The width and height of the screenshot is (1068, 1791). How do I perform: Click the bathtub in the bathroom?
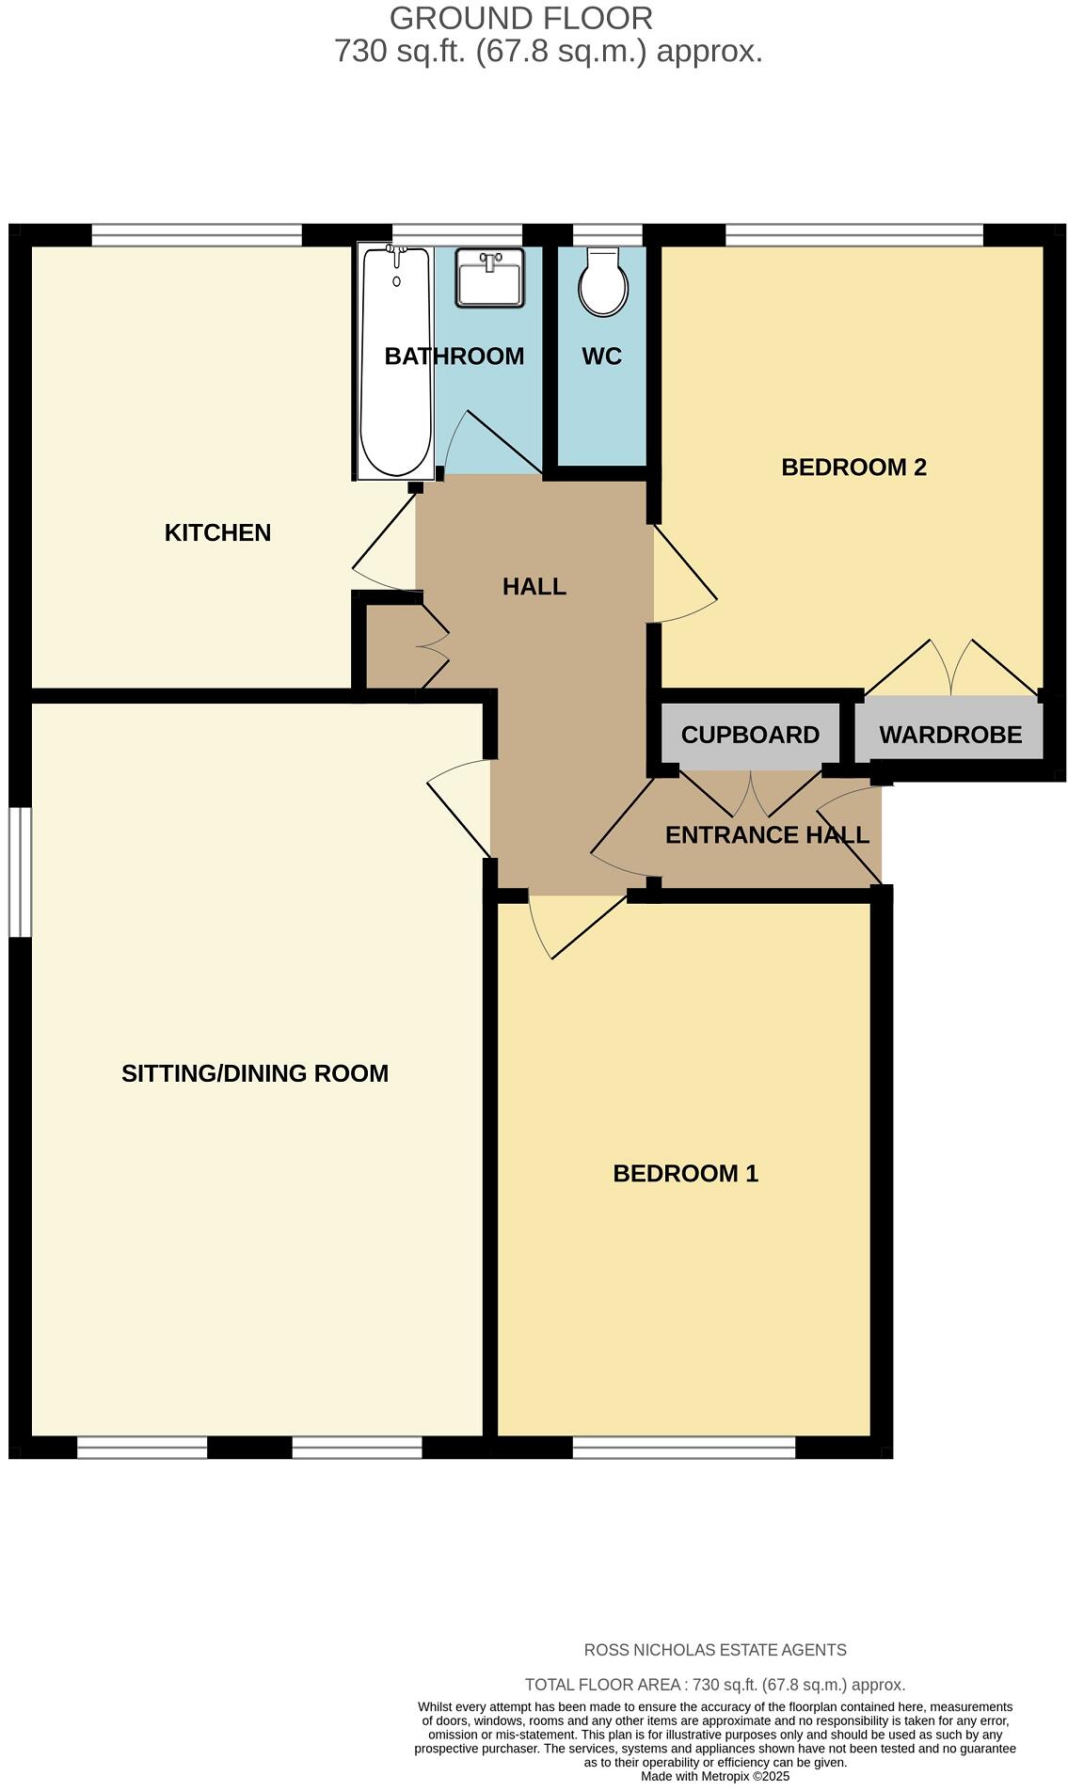point(395,362)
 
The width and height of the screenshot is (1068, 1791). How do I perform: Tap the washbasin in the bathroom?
point(489,277)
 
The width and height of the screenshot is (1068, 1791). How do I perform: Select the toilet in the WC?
point(603,281)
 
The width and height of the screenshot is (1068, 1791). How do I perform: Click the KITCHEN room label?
point(217,532)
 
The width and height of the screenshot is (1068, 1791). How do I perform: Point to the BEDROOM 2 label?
point(853,467)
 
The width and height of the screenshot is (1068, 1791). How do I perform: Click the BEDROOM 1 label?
point(685,1173)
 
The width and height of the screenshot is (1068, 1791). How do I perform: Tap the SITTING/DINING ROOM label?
point(254,1073)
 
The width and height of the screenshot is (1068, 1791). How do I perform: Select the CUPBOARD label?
point(750,735)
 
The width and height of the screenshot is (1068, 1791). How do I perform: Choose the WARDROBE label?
point(950,735)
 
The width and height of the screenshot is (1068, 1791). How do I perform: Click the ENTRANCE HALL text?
point(767,835)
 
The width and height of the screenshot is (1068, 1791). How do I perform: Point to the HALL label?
point(534,587)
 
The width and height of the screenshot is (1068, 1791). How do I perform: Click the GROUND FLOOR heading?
point(520,18)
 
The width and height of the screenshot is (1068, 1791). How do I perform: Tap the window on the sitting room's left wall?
point(20,872)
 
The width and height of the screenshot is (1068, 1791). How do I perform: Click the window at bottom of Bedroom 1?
point(684,1448)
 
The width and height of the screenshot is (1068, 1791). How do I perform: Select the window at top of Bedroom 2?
point(853,235)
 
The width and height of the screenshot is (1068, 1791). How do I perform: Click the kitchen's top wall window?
point(196,235)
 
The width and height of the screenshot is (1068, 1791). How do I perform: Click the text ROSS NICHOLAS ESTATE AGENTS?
point(715,1650)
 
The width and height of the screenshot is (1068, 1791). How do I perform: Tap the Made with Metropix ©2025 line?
point(715,1776)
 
